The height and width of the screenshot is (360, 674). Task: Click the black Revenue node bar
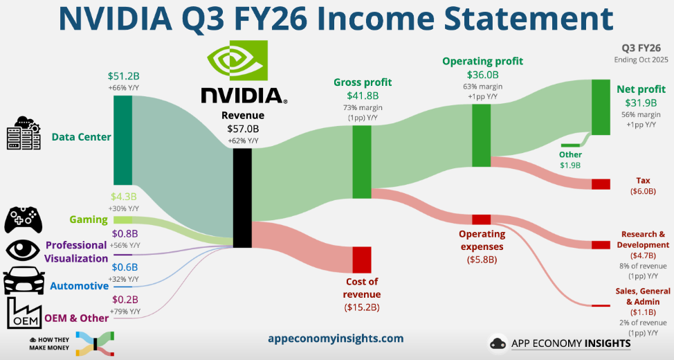click(242, 198)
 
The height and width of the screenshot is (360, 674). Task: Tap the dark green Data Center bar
click(122, 140)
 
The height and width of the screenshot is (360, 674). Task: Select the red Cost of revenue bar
click(362, 259)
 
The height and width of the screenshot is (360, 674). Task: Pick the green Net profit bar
click(601, 107)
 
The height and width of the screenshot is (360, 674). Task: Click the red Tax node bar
click(601, 184)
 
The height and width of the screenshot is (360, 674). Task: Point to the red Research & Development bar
click(601, 244)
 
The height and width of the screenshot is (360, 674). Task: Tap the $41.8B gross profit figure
click(362, 96)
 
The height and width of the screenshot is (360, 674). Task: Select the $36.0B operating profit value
click(482, 75)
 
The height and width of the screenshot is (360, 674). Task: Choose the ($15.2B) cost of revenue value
click(362, 307)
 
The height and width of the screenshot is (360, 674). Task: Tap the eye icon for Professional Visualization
click(24, 249)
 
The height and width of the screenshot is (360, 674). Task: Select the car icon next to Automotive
click(24, 280)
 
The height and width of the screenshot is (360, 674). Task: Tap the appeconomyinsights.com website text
click(336, 339)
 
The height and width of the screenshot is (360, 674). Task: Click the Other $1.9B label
click(571, 160)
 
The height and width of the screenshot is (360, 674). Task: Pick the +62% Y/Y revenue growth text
click(242, 141)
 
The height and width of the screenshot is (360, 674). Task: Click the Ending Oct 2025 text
click(641, 60)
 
